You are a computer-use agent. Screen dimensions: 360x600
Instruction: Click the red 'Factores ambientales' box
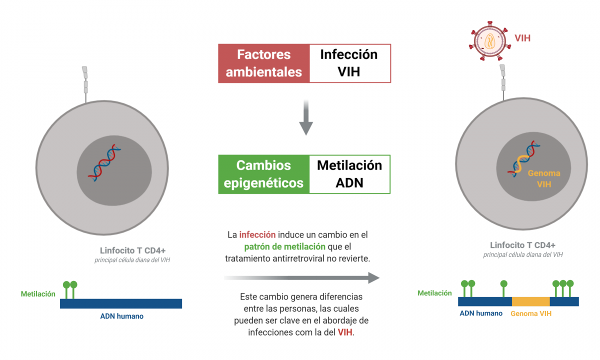263,63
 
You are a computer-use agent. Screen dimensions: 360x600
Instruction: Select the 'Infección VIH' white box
349,63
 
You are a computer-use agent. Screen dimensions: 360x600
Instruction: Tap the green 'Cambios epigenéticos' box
263,174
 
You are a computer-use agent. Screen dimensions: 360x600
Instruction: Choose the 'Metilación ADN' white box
349,174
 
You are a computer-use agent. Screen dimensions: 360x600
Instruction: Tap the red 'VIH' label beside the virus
522,38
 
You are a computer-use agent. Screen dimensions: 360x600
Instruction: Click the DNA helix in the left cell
105,162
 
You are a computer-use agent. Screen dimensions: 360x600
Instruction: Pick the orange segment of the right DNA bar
530,301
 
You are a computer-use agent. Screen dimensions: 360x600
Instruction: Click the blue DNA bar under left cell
120,303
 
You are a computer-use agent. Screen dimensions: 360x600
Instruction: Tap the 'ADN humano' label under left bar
121,316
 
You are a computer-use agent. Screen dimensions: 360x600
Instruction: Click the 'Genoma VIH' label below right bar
531,314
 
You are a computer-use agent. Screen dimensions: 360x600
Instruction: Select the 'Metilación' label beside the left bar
38,294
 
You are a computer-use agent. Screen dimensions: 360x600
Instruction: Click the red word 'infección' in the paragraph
257,234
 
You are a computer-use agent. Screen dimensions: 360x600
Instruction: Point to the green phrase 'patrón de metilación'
284,246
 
